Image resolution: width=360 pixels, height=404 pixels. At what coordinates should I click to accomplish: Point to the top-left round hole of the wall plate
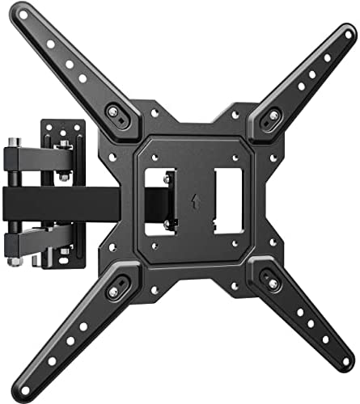click(50, 128)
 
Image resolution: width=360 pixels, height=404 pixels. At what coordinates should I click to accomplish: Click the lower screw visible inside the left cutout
click(167, 223)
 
